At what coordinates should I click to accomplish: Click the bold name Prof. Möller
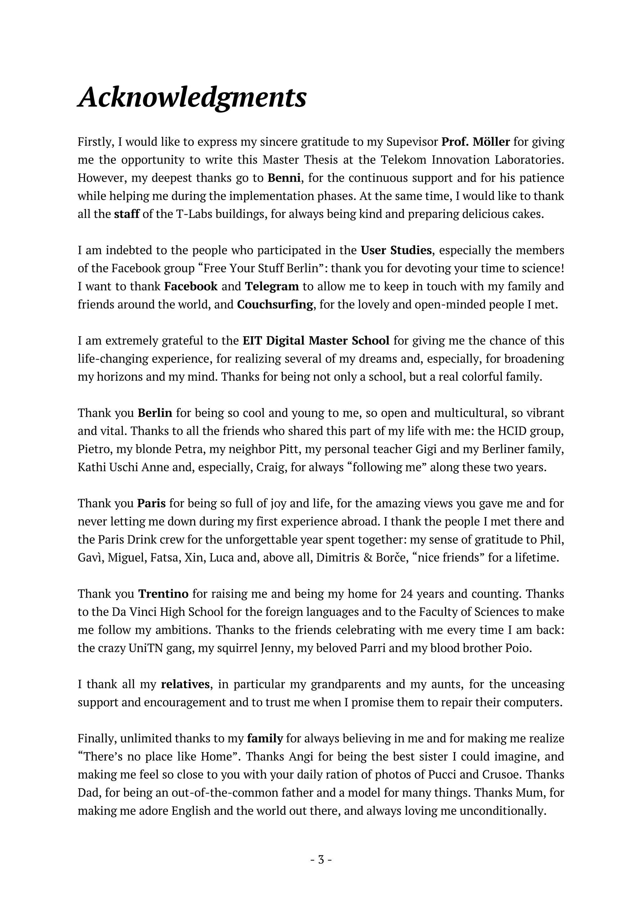point(476,142)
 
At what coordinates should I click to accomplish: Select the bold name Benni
point(284,178)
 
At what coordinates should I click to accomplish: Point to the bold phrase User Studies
point(396,250)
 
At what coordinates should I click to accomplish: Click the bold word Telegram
point(272,286)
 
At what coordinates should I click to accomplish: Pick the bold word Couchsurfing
point(275,305)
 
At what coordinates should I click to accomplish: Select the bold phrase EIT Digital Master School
point(316,340)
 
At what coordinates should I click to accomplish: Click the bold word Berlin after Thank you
point(155,413)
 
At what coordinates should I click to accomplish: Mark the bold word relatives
point(185,684)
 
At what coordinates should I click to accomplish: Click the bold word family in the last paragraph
point(265,738)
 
